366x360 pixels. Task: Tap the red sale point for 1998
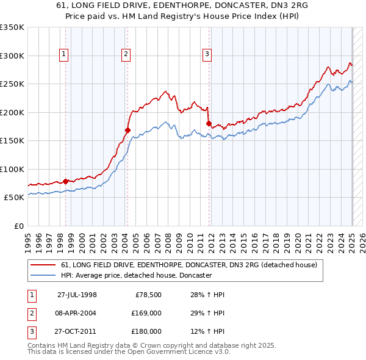[x=66, y=181]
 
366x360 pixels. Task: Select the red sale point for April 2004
[x=127, y=129]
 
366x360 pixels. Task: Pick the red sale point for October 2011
[x=209, y=123]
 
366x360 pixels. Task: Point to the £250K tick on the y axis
[x=12, y=84]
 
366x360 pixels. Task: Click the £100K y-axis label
[x=12, y=169]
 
